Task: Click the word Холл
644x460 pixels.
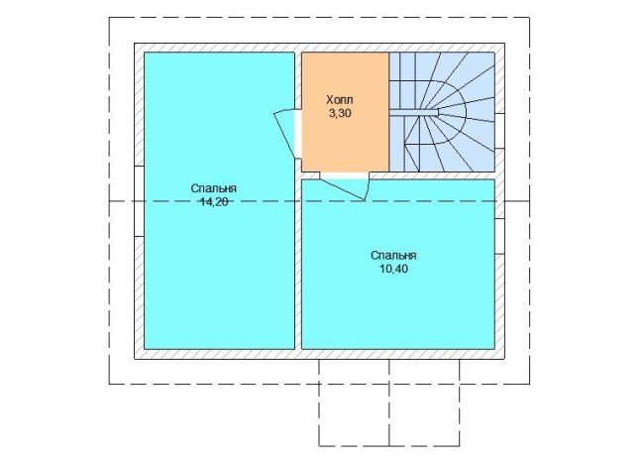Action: [339, 100]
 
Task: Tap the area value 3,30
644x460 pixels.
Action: [340, 114]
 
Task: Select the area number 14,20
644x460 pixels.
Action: [214, 202]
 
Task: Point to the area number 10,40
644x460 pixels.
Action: [393, 270]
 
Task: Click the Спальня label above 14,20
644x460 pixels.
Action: [214, 188]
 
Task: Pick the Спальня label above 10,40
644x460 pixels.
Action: [393, 256]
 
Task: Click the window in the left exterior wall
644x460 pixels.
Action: [140, 201]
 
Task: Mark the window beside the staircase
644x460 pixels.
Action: [499, 131]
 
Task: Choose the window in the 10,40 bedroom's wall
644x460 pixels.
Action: [499, 236]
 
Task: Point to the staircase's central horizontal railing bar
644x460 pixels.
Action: [414, 112]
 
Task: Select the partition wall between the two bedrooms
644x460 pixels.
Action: [298, 263]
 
